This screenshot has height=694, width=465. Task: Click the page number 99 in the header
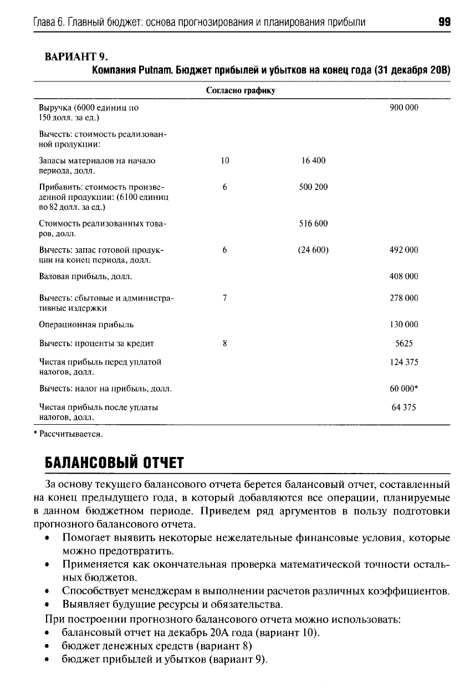[443, 22]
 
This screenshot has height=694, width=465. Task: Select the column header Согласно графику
[241, 90]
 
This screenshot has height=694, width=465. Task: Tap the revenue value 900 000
[404, 108]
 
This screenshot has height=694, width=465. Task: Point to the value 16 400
[313, 161]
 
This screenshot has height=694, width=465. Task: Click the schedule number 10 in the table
[224, 161]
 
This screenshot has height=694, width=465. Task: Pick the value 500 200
[313, 187]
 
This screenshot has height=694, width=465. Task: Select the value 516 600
[313, 224]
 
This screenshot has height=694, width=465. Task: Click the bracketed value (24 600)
[313, 250]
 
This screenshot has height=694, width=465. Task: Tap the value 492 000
[404, 250]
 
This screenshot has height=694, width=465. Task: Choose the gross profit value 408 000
[404, 276]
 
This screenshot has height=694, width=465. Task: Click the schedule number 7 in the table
[224, 298]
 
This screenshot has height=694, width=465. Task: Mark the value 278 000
[404, 298]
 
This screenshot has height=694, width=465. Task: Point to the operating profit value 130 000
[404, 325]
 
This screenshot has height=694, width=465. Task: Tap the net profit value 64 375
[404, 408]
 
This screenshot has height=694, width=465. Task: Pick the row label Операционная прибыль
[86, 325]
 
